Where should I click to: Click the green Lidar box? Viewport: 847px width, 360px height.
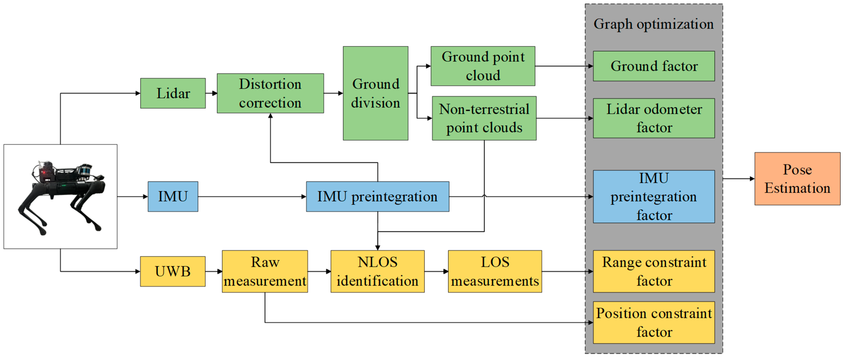click(x=173, y=93)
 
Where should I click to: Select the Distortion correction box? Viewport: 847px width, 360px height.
click(x=270, y=93)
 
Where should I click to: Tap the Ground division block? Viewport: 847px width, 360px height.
click(x=375, y=93)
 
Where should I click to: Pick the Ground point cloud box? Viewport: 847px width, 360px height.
click(x=483, y=66)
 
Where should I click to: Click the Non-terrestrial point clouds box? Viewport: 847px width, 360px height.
click(x=484, y=118)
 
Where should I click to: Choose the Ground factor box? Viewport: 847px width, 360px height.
click(x=654, y=66)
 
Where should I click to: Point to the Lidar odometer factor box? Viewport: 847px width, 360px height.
click(x=654, y=118)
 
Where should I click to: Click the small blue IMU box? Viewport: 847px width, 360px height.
click(x=173, y=197)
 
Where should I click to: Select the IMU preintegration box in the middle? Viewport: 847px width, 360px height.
click(x=378, y=197)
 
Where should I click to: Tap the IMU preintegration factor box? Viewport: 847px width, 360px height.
click(x=654, y=197)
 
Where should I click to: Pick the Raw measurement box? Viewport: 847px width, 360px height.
click(x=265, y=271)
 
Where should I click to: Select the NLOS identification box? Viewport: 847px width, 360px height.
click(x=378, y=271)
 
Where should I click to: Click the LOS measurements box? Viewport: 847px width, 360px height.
click(x=495, y=271)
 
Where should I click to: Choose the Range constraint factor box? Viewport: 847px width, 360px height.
click(x=654, y=271)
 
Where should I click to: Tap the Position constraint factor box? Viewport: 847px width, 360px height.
click(x=654, y=323)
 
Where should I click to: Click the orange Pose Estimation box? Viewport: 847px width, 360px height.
click(x=797, y=179)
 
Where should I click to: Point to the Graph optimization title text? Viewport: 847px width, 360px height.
click(x=654, y=24)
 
